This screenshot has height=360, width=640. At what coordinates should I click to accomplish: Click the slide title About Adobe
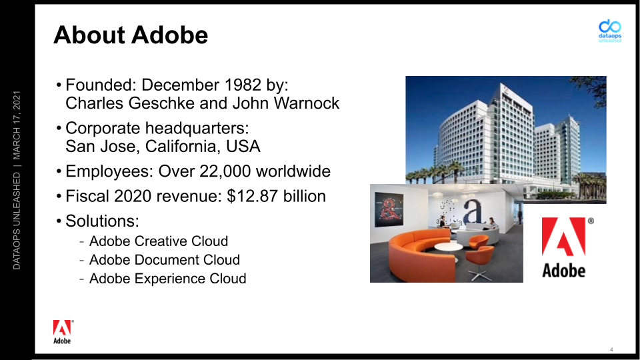pos(131,35)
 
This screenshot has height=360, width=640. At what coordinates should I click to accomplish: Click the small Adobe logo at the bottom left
pos(63,332)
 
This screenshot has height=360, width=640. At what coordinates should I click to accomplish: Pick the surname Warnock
pos(306,103)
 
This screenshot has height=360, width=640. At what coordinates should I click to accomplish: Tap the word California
pos(179,147)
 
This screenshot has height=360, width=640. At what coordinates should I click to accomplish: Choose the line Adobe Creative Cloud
pos(159,241)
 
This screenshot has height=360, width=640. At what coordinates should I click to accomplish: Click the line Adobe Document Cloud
pos(165,260)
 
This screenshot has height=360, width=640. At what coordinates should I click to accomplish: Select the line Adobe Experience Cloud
pos(168,279)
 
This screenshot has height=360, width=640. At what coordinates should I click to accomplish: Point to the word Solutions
pos(102,221)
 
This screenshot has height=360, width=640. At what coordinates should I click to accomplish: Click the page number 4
pos(611,349)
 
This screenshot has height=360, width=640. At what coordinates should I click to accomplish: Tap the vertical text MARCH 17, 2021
pos(16,125)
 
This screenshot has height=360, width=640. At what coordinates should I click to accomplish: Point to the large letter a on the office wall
pos(473,211)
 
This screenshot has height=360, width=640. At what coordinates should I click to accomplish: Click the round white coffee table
pos(448,247)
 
